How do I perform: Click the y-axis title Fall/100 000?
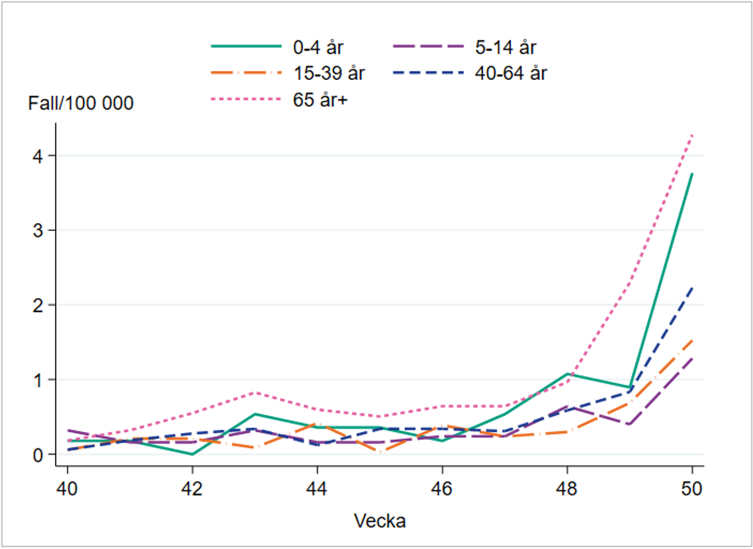pos(81,103)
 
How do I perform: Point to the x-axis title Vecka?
pos(379,521)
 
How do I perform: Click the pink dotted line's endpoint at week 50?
pos(692,135)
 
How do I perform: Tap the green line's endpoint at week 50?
pos(692,174)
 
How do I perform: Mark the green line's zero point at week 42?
pos(192,454)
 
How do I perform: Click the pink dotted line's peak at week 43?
pos(255,393)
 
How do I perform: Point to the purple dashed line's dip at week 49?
pos(629,425)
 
